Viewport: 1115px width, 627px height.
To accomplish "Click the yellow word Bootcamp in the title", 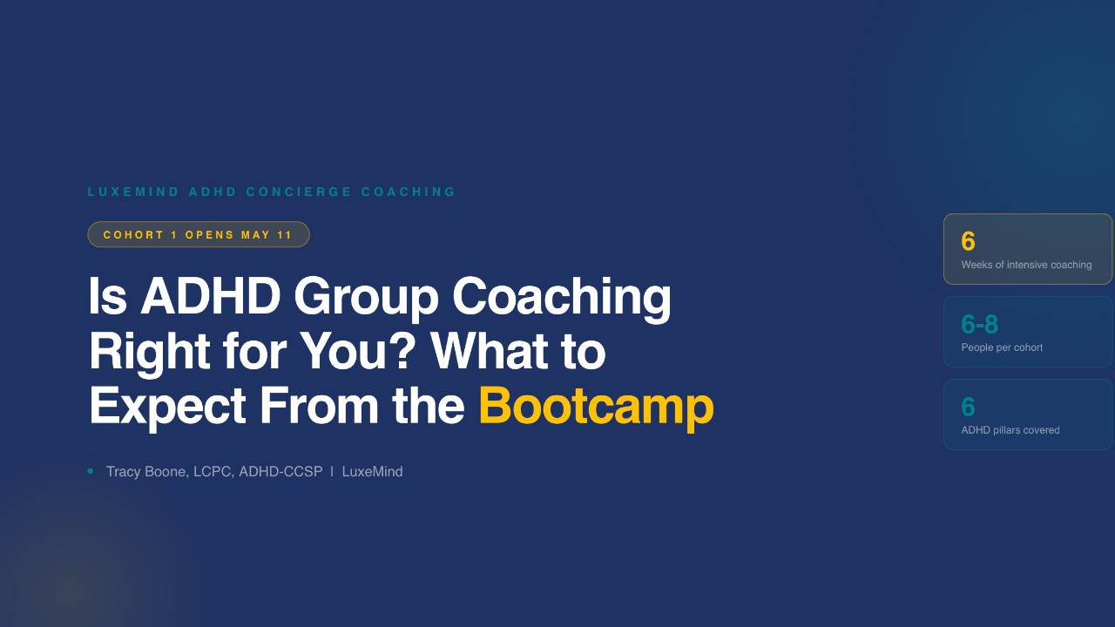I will coord(596,406).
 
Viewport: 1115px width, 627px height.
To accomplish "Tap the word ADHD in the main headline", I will coord(210,296).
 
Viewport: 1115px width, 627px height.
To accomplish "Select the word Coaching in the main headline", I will coord(561,296).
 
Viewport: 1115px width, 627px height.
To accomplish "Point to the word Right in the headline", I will coord(148,351).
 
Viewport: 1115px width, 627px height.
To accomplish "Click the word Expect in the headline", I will coord(166,406).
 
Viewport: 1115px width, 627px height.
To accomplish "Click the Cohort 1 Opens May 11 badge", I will coord(198,234).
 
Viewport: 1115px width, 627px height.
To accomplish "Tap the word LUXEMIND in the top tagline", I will coord(133,192).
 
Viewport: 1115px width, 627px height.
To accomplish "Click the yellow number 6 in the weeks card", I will coord(968,241).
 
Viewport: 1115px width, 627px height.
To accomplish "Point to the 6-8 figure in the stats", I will coord(979,324).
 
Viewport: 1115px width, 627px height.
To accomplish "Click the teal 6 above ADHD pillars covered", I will coord(968,407).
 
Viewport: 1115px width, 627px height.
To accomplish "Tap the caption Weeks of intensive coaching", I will coord(1026,265).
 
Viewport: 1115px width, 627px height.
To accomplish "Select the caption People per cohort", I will coord(1002,347).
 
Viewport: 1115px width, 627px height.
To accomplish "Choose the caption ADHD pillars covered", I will coord(1010,430).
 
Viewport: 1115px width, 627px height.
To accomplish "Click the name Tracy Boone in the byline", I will coord(145,472).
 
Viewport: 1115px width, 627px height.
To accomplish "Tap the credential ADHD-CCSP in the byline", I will coord(280,472).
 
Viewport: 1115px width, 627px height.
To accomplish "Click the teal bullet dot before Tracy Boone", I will coord(91,471).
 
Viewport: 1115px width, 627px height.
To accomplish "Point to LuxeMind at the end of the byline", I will coord(372,472).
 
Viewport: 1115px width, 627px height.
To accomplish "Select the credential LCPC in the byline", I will coord(212,472).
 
